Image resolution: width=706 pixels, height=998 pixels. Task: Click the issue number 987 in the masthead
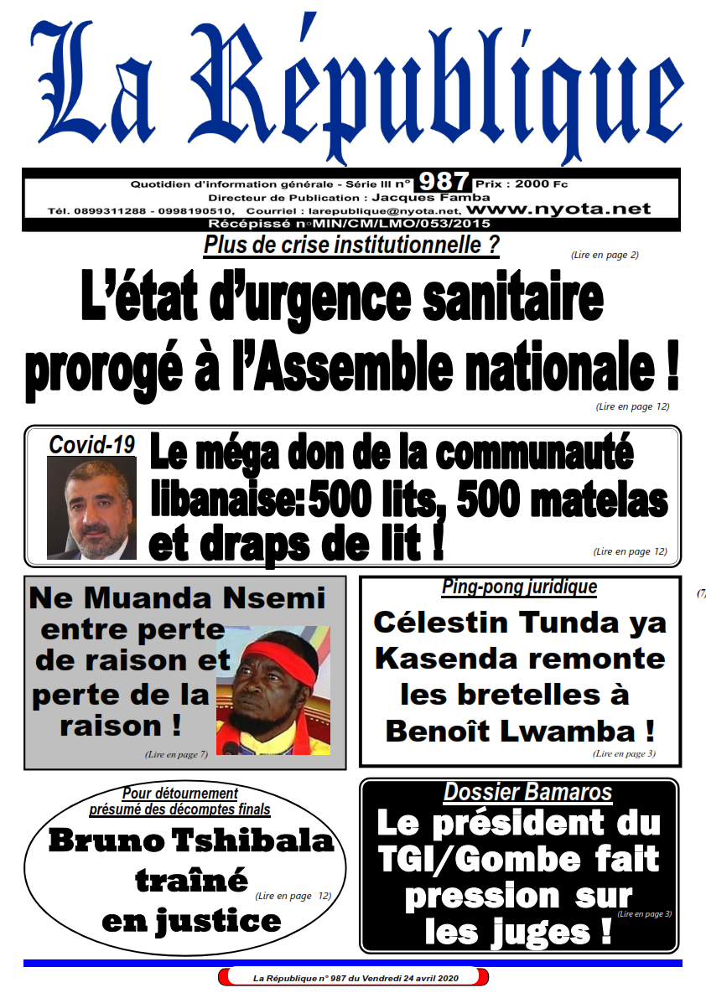point(444,182)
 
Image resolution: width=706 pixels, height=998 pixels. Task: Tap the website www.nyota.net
point(558,209)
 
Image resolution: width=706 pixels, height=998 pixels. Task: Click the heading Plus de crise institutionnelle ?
point(351,246)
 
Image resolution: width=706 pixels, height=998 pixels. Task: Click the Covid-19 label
point(92,445)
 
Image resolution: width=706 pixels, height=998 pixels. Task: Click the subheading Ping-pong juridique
point(519,587)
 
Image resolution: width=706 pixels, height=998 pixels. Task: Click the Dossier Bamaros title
point(527,792)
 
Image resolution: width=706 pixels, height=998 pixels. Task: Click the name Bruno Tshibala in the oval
point(191,840)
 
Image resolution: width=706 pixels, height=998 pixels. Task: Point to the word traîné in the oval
point(191,880)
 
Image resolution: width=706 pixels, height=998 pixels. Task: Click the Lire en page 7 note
point(176,755)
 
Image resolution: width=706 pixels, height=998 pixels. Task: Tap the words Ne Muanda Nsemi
point(177,598)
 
